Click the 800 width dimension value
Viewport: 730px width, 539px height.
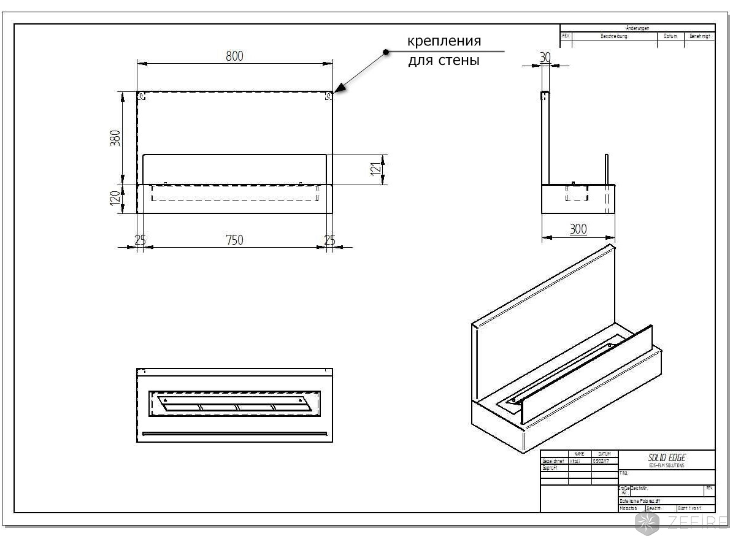point(234,56)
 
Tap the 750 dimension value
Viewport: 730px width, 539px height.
point(234,240)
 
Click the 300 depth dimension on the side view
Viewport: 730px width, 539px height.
point(578,229)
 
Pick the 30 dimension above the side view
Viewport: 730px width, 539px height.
point(545,57)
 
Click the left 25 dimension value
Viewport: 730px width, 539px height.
point(140,240)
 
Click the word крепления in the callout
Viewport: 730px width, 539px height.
point(444,41)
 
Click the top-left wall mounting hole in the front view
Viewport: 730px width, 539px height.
point(142,96)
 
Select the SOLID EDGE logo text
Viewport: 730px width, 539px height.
point(667,457)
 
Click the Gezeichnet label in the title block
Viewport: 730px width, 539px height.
point(553,461)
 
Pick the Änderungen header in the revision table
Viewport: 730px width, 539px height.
point(637,28)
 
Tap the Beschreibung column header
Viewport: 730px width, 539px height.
point(613,36)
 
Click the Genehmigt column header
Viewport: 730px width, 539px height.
point(699,36)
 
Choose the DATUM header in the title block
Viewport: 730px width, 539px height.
point(604,454)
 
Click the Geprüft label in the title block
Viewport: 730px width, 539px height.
point(550,467)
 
